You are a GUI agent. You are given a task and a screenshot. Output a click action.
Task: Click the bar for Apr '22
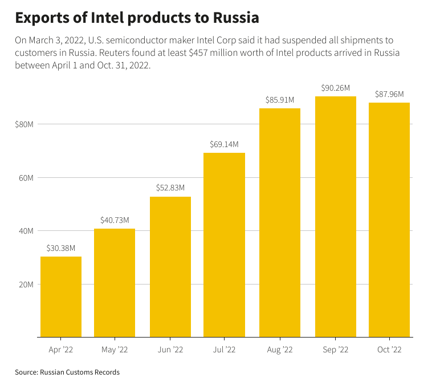(x=61, y=296)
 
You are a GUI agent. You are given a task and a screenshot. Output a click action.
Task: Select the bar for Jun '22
(x=170, y=267)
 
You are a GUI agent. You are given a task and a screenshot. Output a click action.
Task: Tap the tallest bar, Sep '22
(x=335, y=217)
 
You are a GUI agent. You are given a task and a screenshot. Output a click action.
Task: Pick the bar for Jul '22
(x=225, y=245)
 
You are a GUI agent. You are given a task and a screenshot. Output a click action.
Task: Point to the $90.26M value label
(x=335, y=88)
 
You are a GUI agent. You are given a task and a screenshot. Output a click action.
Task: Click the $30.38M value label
(x=61, y=248)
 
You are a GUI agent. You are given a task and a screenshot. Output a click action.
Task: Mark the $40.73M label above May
(x=115, y=220)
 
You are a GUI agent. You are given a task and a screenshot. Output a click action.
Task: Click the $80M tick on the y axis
(x=25, y=124)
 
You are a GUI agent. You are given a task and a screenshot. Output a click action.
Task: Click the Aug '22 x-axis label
(x=280, y=350)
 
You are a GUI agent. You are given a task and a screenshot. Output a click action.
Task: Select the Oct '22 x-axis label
(x=389, y=350)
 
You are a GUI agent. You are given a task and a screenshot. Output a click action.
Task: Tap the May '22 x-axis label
(x=115, y=350)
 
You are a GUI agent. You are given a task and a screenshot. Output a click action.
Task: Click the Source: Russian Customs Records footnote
(x=67, y=372)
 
